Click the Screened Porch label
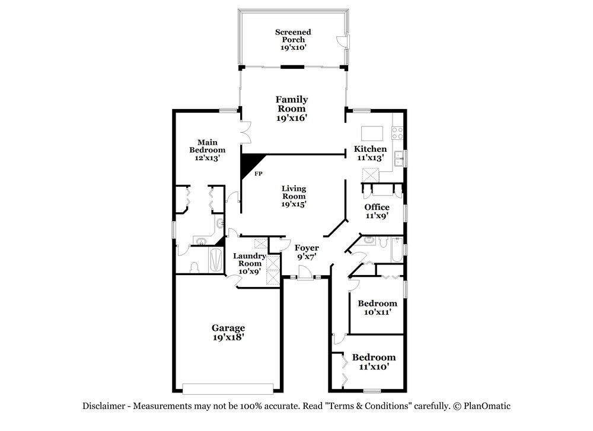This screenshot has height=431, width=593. [293, 40]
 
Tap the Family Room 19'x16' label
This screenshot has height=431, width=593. [292, 108]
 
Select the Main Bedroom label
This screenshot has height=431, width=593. [207, 150]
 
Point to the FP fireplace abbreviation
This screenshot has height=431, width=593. [259, 174]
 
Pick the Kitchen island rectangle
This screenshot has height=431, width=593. [372, 133]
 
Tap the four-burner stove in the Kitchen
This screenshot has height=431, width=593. [397, 133]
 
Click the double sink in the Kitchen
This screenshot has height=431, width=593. [399, 158]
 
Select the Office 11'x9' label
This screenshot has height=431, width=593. [377, 211]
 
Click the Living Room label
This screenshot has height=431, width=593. [294, 196]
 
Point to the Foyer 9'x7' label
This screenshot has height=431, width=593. [307, 252]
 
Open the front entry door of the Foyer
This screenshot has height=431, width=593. [304, 273]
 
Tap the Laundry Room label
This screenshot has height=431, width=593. [250, 263]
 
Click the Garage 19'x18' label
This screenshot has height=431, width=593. [228, 333]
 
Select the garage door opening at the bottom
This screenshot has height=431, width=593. [228, 389]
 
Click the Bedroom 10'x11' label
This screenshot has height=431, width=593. [377, 307]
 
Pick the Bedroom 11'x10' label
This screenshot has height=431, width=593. [374, 362]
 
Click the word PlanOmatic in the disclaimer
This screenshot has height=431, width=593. [487, 406]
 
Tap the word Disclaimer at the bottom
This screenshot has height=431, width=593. [104, 406]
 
